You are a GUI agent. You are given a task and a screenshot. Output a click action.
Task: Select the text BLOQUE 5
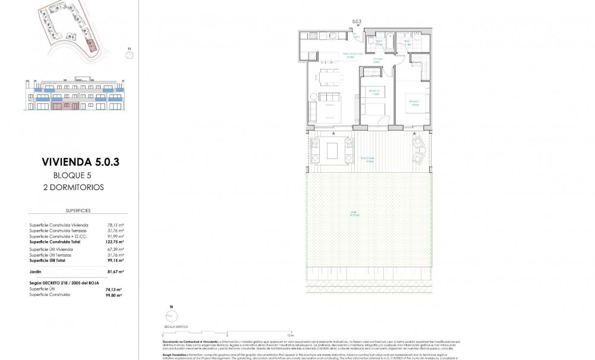74,175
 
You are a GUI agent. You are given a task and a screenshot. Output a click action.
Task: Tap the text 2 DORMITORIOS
78,187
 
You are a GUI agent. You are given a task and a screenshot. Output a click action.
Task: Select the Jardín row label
35,271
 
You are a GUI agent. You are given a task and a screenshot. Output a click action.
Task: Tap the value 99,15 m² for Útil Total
114,260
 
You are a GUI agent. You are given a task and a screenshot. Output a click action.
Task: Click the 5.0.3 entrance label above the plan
357,21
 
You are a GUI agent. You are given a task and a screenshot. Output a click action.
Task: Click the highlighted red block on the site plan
90,45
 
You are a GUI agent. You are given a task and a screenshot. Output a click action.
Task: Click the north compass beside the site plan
129,54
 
